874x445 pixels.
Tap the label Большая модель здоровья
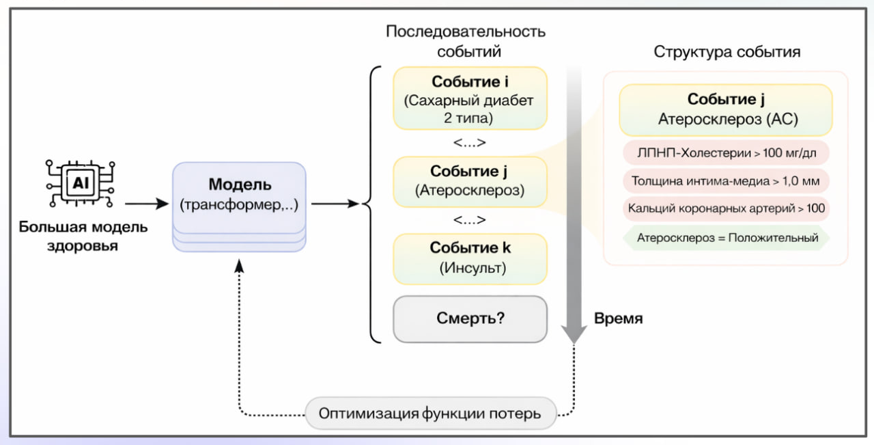[x=83, y=237]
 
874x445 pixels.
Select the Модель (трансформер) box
[x=239, y=195]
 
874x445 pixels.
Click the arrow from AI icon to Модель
[x=146, y=204]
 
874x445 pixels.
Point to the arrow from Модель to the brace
[x=335, y=204]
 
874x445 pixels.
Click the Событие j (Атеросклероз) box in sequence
[x=470, y=182]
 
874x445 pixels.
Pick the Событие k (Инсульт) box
[x=470, y=258]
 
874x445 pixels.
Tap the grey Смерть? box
[x=470, y=318]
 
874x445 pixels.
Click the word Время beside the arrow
[x=618, y=319]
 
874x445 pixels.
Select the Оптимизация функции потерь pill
[x=431, y=414]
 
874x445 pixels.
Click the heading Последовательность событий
[x=466, y=41]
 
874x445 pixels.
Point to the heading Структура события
[x=727, y=52]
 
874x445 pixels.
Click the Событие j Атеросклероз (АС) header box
[x=726, y=109]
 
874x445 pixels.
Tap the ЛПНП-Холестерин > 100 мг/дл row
[x=726, y=153]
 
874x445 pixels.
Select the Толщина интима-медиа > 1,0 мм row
[x=726, y=181]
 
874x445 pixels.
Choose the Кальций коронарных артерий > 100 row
[x=726, y=208]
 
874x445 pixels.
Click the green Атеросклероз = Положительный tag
[x=726, y=238]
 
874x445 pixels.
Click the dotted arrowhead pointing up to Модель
[x=239, y=266]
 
